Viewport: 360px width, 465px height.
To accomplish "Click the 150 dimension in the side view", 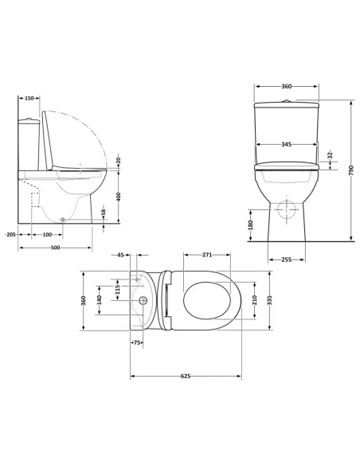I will (29, 98).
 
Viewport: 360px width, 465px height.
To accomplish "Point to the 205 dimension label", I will (10, 234).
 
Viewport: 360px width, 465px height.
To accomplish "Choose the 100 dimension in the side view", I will (47, 234).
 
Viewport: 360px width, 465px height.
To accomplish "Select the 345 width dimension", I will (286, 144).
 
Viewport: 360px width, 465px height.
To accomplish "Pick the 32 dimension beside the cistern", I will (330, 154).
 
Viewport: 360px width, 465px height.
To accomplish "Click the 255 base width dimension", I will (287, 259).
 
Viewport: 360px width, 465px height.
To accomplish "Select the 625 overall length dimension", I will (185, 375).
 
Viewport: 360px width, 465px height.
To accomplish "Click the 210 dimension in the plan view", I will (253, 301).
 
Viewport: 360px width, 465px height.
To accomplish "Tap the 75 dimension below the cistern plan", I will (136, 342).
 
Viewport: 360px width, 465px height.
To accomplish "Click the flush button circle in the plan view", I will (144, 301).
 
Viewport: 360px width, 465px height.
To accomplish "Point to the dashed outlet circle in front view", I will (286, 208).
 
